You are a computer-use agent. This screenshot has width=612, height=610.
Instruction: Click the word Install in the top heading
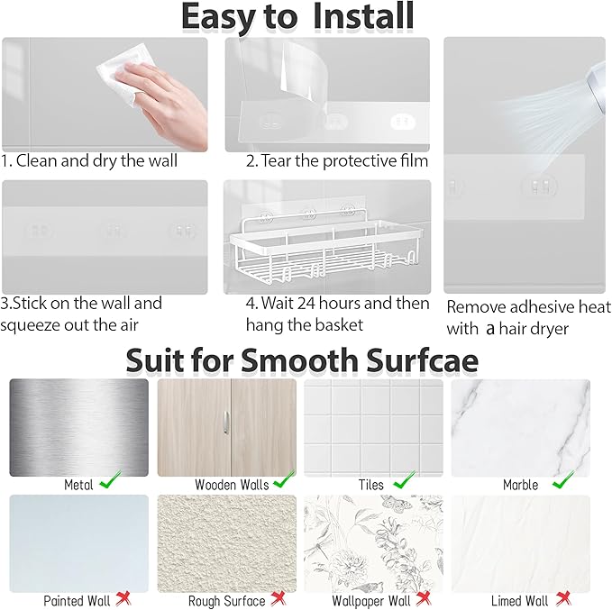tap(363, 16)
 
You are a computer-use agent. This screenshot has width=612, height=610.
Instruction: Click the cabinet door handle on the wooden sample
tap(226, 423)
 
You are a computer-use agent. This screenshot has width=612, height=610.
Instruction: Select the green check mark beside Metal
tap(111, 480)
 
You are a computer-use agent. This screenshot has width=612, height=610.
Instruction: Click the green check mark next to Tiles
tap(405, 480)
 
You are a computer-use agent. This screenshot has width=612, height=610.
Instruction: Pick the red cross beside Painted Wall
tap(123, 598)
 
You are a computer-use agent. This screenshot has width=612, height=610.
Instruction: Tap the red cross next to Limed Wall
tap(563, 598)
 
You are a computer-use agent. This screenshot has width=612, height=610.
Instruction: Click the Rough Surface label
tap(227, 601)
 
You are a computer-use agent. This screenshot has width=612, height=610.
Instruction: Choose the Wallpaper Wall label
tap(371, 601)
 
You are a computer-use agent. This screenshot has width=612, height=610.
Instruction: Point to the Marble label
tap(520, 485)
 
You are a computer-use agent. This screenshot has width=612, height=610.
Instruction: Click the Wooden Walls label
tap(232, 485)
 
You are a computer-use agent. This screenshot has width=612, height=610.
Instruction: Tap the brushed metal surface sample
tap(78, 428)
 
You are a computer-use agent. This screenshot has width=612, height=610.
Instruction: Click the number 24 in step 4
tap(306, 304)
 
